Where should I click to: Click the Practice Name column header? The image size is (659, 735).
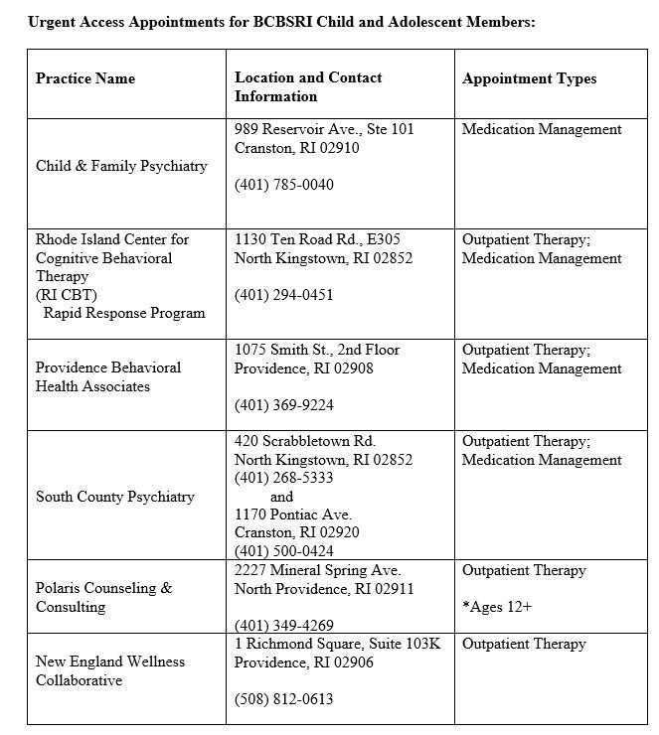[x=85, y=78]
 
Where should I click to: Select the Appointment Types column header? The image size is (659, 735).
[x=529, y=78]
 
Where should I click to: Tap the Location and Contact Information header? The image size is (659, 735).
[x=308, y=86]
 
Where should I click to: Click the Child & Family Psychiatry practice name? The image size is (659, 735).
[x=121, y=166]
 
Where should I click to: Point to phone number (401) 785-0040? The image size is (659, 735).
[x=284, y=185]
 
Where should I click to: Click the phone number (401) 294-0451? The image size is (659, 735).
[x=284, y=295]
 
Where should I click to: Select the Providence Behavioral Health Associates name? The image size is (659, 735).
[x=108, y=376]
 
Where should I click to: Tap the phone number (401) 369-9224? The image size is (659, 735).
[x=284, y=405]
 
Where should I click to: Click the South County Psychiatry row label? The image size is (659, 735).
[x=115, y=497]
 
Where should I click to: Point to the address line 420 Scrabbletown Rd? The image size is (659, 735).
[x=305, y=441]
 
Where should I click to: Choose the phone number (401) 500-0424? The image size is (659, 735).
[x=284, y=551]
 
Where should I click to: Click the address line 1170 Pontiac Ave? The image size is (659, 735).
[x=293, y=514]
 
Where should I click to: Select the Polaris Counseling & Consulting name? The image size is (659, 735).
[x=103, y=597]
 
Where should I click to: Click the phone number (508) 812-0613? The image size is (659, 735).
[x=284, y=699]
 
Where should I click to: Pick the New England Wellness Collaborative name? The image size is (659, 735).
[x=110, y=670]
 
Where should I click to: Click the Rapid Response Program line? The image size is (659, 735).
[x=124, y=313]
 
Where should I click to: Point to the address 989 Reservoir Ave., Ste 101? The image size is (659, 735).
[x=324, y=129]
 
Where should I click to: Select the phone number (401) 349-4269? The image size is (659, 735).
[x=284, y=626]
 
